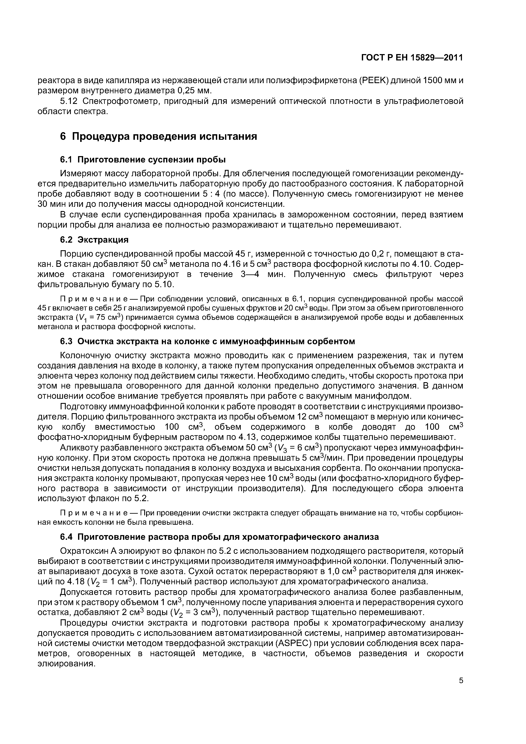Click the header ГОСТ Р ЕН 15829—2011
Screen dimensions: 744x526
pyautogui.click(x=412, y=58)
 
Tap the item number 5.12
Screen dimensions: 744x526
pyautogui.click(x=69, y=101)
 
